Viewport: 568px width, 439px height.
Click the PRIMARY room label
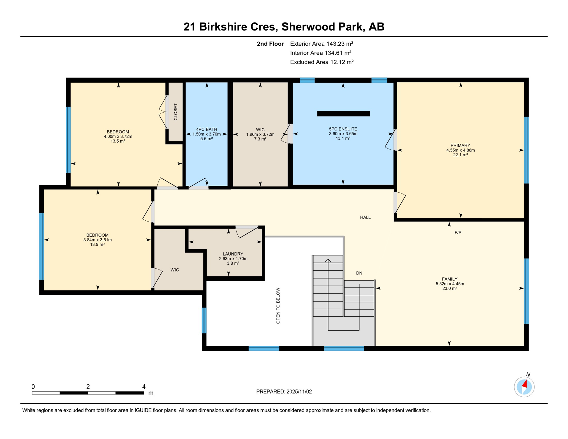coord(460,145)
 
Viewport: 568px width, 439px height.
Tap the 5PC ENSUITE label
coord(343,129)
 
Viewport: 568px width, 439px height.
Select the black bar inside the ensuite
coord(343,114)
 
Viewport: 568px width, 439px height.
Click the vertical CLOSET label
coord(175,112)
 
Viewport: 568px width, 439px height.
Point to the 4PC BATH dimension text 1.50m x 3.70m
coord(206,134)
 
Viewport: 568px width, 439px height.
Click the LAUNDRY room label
coord(233,254)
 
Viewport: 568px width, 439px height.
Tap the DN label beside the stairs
coord(359,273)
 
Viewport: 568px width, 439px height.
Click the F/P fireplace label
coord(458,233)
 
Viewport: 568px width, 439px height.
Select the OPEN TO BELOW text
coord(278,306)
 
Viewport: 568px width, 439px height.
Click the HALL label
coord(365,217)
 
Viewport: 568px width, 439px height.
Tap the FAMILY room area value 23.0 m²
coord(449,289)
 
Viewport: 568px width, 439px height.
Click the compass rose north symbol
coord(524,387)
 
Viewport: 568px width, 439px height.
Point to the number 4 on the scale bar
coord(144,387)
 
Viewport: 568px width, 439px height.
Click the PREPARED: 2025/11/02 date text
coord(284,392)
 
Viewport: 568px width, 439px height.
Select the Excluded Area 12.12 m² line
coord(322,62)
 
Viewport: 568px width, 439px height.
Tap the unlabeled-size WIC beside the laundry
coord(175,270)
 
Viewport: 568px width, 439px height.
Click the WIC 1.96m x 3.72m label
coord(260,134)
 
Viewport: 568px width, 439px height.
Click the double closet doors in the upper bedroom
coord(163,112)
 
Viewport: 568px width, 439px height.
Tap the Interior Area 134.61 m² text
coord(321,53)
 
